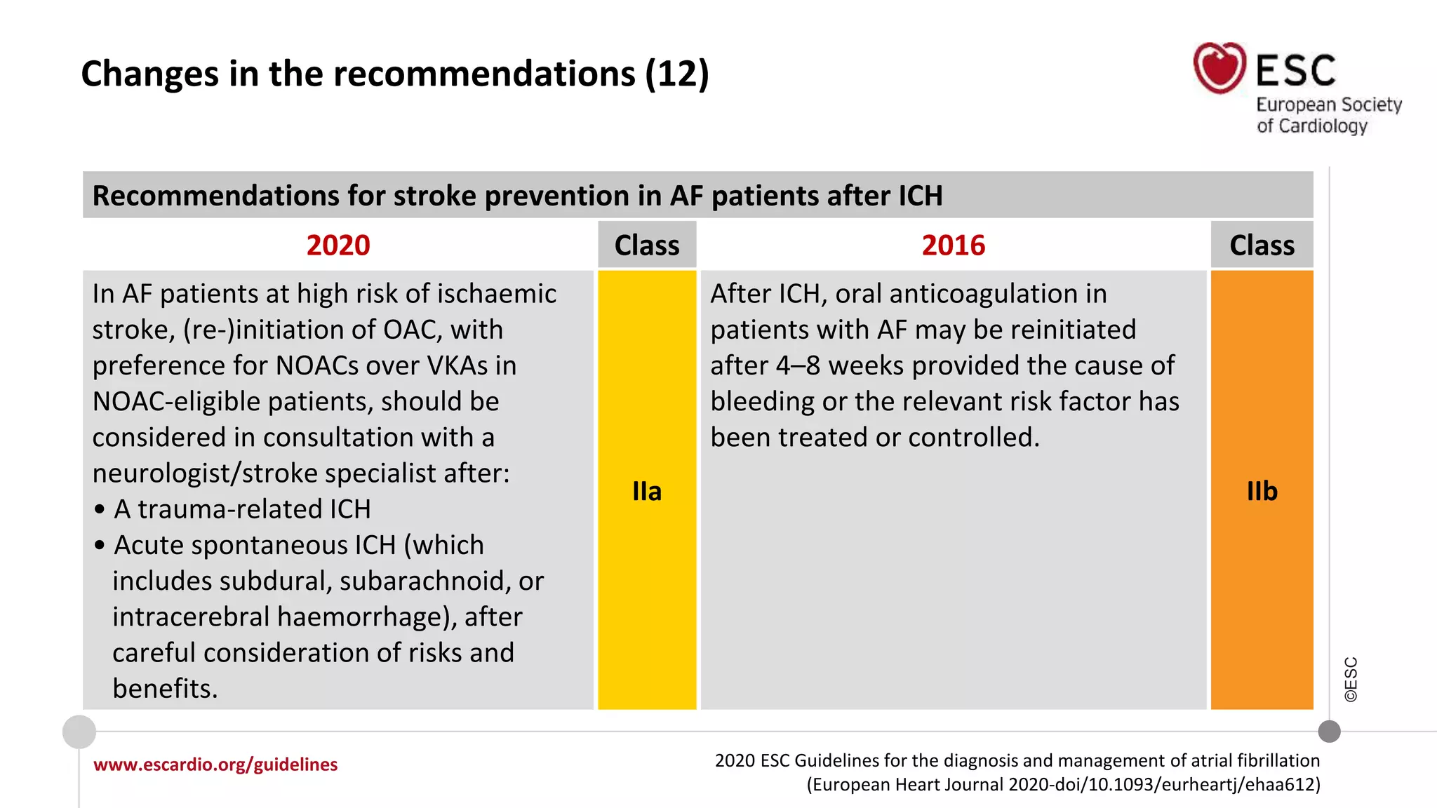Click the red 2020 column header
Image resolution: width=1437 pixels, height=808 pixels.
tap(338, 245)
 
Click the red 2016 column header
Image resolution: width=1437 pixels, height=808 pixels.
tap(953, 245)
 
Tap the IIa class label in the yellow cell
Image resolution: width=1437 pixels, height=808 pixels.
tap(646, 491)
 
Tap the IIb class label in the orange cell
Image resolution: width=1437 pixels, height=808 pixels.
tap(1262, 491)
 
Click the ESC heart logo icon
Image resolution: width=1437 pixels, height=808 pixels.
tap(1219, 68)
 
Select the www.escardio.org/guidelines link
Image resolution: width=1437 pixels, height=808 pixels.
tap(215, 765)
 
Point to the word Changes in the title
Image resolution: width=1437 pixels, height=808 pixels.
tap(149, 74)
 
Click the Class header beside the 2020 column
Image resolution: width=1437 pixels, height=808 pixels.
tap(646, 245)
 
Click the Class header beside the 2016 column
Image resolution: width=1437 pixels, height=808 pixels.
tap(1262, 245)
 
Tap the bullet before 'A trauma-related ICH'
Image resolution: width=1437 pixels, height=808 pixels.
tap(100, 510)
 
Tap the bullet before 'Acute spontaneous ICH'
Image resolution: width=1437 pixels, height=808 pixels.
tap(100, 546)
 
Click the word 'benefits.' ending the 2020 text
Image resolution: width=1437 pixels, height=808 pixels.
tap(165, 689)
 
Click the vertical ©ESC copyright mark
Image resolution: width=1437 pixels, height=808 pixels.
tap(1351, 679)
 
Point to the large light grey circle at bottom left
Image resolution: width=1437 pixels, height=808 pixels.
tap(79, 732)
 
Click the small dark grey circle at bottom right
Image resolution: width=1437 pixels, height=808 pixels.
tap(1329, 732)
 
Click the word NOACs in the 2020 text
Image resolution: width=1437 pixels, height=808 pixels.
tap(318, 365)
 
